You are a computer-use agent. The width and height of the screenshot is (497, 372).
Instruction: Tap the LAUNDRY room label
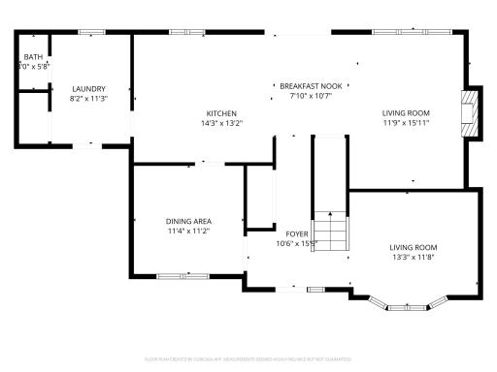87,89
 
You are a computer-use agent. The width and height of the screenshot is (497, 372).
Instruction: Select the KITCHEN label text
221,113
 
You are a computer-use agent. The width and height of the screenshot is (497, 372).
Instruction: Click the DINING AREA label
188,222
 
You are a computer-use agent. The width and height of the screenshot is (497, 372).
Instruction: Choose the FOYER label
296,233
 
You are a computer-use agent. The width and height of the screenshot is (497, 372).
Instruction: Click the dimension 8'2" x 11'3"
87,99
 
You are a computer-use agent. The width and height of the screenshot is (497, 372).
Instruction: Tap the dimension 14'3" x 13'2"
221,123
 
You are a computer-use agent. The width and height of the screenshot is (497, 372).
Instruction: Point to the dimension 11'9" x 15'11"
405,123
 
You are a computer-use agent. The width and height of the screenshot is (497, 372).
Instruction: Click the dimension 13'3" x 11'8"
414,257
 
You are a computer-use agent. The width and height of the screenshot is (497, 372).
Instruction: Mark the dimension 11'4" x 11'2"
188,232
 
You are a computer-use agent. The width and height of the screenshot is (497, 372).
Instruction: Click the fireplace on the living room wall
471,115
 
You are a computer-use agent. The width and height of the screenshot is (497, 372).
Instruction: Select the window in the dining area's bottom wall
182,277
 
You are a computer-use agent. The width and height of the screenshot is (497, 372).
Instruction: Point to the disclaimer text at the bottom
248,359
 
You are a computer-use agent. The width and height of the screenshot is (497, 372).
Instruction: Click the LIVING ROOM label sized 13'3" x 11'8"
414,247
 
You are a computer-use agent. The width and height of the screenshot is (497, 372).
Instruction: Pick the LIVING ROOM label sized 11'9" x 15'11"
405,113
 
